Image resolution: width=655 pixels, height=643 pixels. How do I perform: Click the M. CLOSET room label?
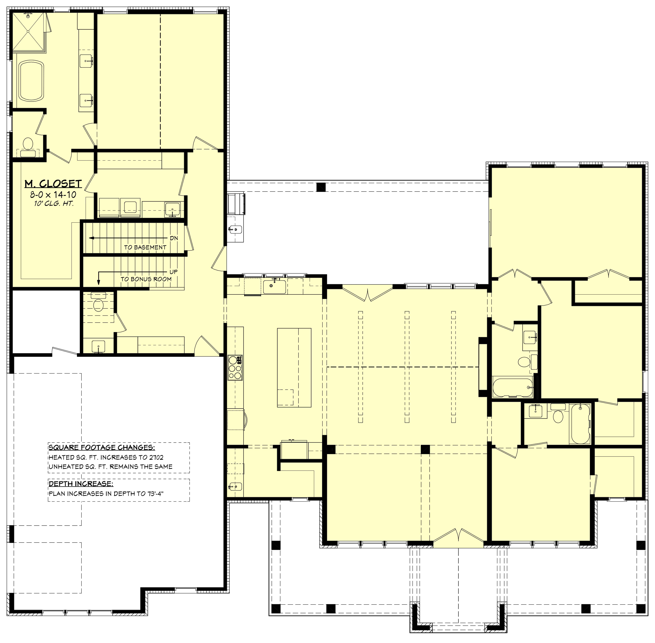53,184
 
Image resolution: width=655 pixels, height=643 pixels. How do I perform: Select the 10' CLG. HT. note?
53,204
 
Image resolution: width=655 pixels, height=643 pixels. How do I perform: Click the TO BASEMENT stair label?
145,247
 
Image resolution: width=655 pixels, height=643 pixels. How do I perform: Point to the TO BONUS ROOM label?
146,279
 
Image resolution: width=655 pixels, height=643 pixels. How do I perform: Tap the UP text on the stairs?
174,271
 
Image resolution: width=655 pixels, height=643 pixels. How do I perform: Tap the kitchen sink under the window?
274,287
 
